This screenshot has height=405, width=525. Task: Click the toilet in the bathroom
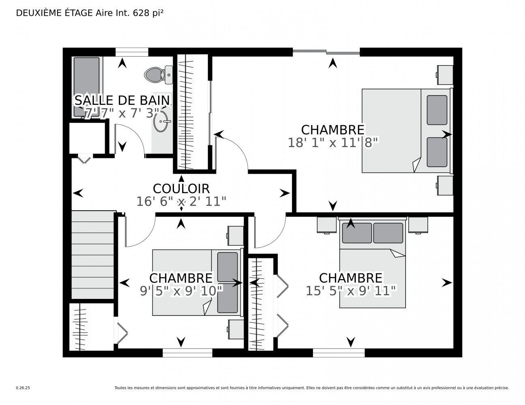pos(158,75)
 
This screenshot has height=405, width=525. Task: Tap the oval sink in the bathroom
pos(161,121)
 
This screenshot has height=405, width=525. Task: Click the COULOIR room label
pos(181,188)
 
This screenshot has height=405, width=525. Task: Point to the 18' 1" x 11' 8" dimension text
pos(333,143)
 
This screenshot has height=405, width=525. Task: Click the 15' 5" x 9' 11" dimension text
pos(351,291)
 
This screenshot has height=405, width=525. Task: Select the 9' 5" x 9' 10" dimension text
pos(181,291)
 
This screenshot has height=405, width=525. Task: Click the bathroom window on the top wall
pos(132,52)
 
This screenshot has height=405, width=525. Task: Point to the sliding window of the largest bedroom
pos(326,51)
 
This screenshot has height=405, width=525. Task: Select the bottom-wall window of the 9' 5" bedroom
pos(187,353)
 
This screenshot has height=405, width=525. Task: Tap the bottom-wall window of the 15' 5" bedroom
pos(339,353)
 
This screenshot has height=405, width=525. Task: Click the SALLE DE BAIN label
pos(122,100)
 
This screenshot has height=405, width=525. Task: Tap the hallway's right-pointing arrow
pos(285,193)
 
